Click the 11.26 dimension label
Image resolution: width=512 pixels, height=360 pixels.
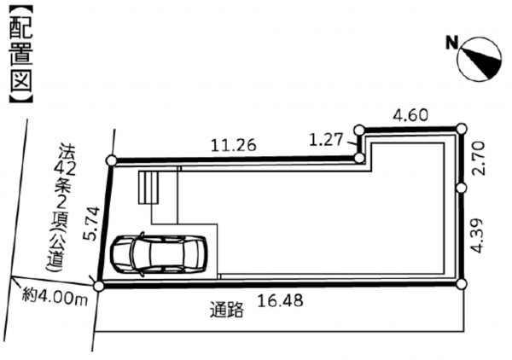(234, 145)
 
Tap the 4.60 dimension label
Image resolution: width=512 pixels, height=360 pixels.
(410, 115)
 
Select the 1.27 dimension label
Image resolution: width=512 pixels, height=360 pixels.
(326, 140)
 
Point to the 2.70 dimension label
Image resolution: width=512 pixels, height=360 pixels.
(479, 159)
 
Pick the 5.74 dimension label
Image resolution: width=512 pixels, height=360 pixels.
(91, 224)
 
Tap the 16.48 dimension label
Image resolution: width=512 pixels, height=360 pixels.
(281, 300)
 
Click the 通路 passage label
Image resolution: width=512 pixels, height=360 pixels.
(227, 310)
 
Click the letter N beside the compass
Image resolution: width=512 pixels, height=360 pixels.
(452, 43)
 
